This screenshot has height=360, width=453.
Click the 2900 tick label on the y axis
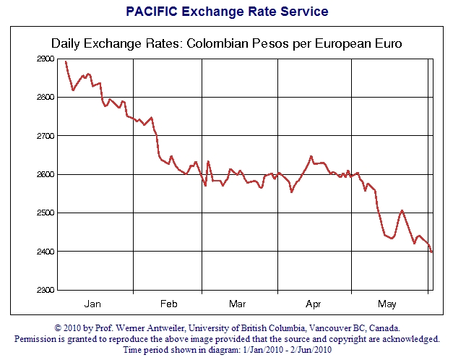click(45, 59)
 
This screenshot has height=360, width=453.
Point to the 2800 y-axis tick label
click(45, 97)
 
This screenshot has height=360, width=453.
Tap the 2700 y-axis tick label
click(45, 136)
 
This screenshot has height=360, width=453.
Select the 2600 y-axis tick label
click(45, 174)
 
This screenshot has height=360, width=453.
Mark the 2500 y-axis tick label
click(45, 213)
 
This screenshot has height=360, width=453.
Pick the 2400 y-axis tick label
click(45, 252)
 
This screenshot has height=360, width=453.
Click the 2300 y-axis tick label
click(45, 290)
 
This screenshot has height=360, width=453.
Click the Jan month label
click(92, 303)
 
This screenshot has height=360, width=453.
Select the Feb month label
click(168, 303)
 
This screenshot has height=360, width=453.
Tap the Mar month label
click(237, 303)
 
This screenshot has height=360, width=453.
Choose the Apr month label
click(314, 303)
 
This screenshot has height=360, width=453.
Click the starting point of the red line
click(66, 61)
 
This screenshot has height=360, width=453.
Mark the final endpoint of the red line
click(432, 252)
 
